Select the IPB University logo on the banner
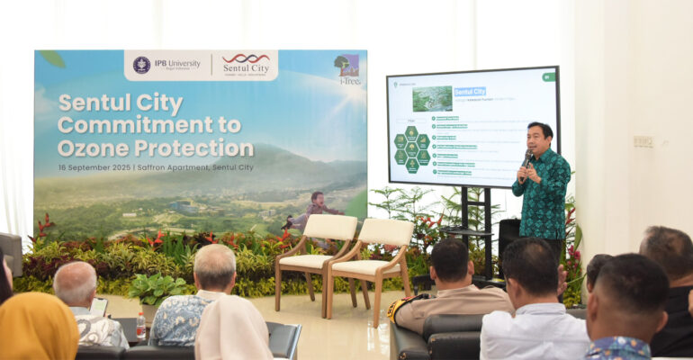click(166, 64)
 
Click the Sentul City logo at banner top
click(245, 64)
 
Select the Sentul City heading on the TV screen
click(470, 92)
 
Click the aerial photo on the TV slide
click(432, 98)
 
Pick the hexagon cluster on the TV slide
click(411, 148)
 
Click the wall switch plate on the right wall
click(643, 141)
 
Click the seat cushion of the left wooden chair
click(303, 261)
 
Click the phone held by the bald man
click(99, 307)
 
